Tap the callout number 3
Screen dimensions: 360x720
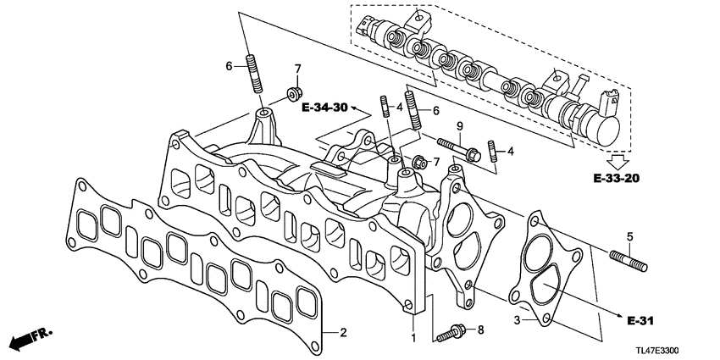[518, 320]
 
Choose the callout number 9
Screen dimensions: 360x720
[460, 125]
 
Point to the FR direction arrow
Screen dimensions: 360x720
[28, 339]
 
